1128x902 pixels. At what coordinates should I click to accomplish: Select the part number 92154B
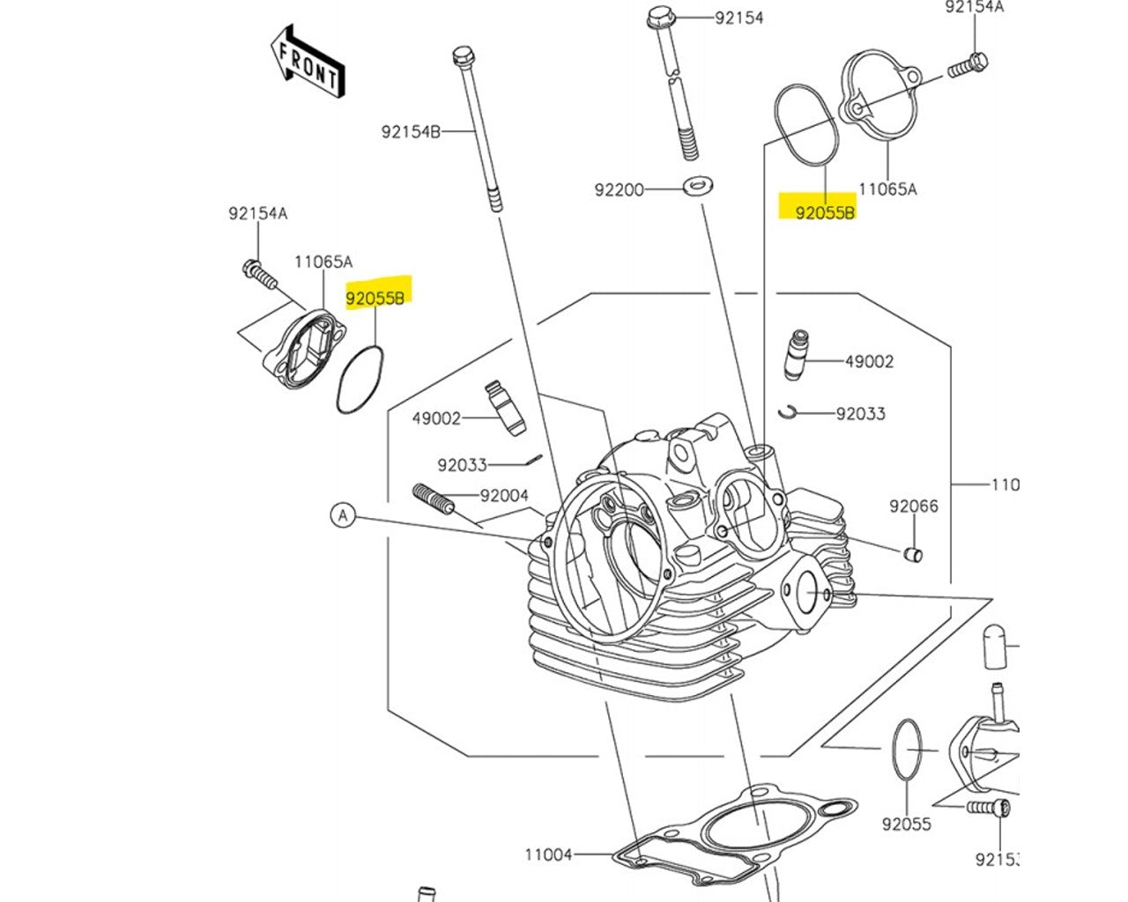[x=410, y=132]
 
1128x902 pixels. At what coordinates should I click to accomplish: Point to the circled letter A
[x=343, y=514]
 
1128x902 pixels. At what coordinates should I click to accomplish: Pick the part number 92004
[x=504, y=495]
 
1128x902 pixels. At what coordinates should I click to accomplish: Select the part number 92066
[x=914, y=506]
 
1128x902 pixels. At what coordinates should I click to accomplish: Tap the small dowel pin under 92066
[x=914, y=554]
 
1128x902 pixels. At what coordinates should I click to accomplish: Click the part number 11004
[x=548, y=854]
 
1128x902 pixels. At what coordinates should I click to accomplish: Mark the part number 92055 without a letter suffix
[x=906, y=824]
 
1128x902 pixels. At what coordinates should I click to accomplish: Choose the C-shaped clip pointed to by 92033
[x=788, y=411]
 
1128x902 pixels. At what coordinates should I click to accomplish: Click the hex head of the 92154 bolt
[x=658, y=17]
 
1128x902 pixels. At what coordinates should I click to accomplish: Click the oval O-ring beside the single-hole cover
[x=805, y=124]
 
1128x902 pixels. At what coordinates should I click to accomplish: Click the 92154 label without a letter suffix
[x=738, y=18]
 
